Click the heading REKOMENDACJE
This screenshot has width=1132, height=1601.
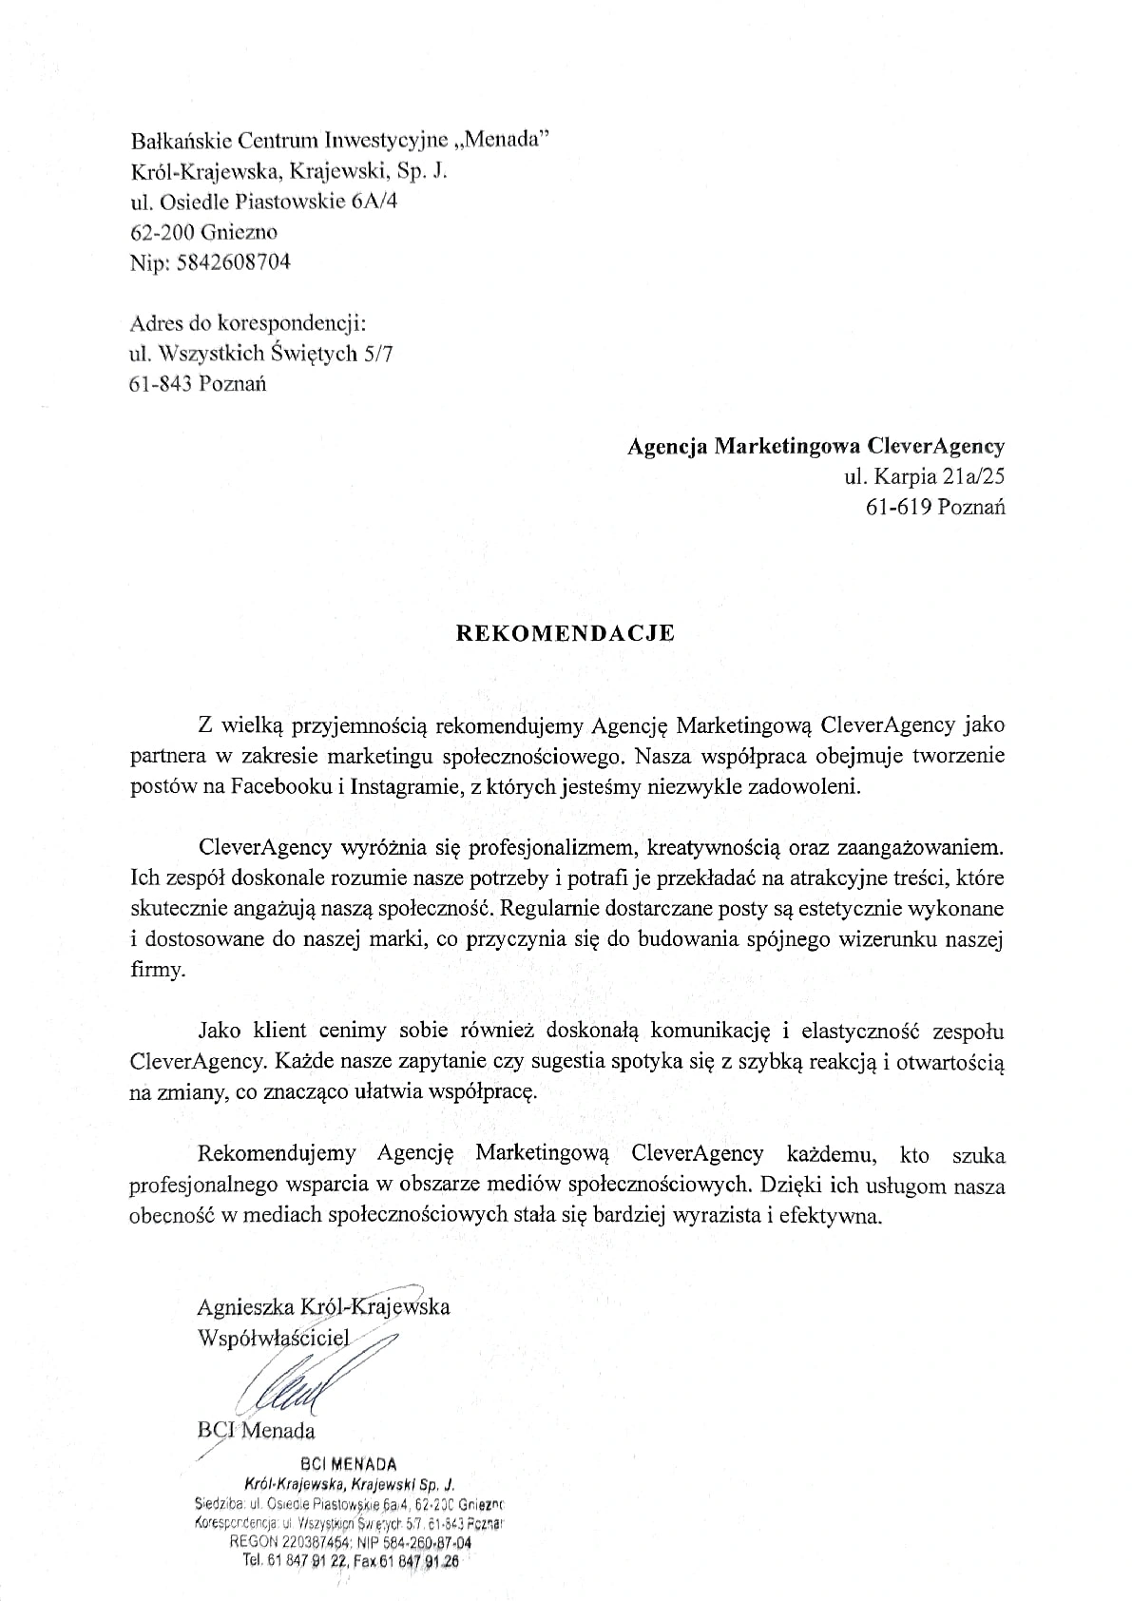tap(566, 634)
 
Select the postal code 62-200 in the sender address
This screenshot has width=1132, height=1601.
tap(163, 232)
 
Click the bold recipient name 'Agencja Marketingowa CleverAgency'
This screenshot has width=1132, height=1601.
tap(815, 446)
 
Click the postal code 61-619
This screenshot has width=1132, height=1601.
tap(897, 507)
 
